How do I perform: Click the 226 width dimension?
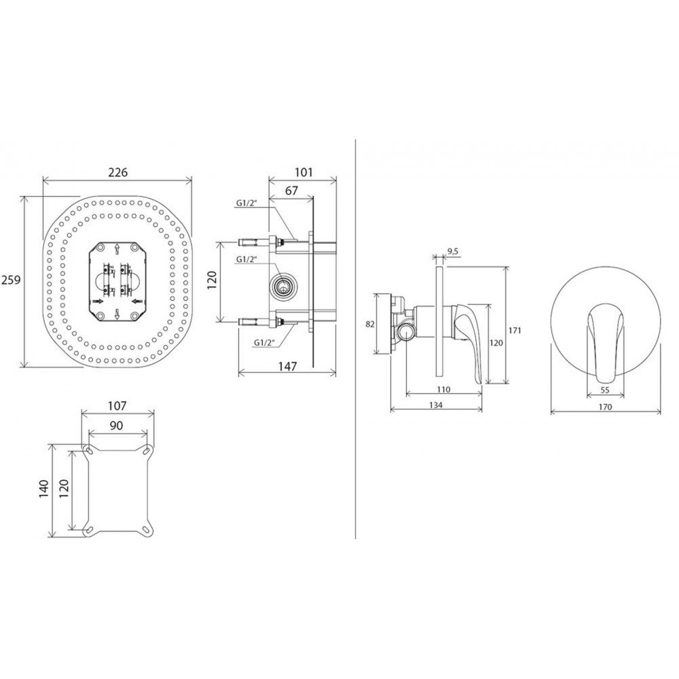point(117,172)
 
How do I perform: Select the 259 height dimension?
point(11,280)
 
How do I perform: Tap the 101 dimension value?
point(304,172)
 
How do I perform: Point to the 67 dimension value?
point(292,190)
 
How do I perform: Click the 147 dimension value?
point(287,367)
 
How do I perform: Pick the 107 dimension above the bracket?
point(117,406)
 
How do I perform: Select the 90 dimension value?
point(116,426)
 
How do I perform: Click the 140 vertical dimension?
point(44,488)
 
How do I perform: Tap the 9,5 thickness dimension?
point(452,251)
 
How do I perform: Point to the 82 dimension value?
point(370,324)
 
